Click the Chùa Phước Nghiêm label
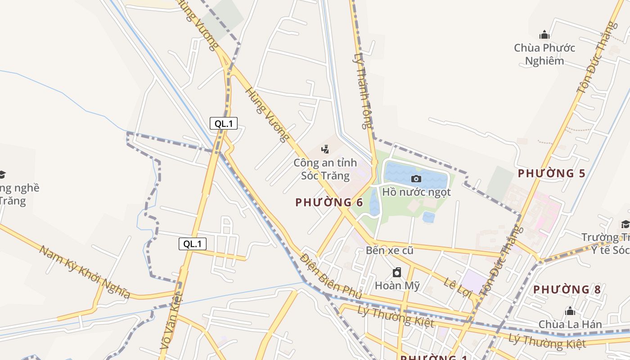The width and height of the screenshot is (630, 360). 544,54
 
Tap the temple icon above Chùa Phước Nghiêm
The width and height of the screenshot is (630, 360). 544,35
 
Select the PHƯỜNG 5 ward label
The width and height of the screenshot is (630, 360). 551,173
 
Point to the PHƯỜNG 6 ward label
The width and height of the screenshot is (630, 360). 329,202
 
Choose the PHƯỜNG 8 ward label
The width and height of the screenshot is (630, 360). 567,289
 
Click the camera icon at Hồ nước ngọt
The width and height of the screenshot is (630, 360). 416,179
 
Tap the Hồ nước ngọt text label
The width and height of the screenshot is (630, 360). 416,192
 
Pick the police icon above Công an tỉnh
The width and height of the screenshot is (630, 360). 325,149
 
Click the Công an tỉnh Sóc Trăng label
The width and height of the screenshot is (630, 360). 325,169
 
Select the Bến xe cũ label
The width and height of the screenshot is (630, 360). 389,250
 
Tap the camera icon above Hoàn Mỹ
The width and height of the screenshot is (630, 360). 397,272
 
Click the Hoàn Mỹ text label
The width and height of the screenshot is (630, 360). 397,285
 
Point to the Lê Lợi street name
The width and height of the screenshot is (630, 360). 456,288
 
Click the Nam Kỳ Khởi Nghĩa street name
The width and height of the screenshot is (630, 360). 85,272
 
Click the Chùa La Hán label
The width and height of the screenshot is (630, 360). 570,324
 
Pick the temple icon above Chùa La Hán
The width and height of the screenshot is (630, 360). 570,311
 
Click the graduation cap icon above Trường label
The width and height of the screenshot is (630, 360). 625,224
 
